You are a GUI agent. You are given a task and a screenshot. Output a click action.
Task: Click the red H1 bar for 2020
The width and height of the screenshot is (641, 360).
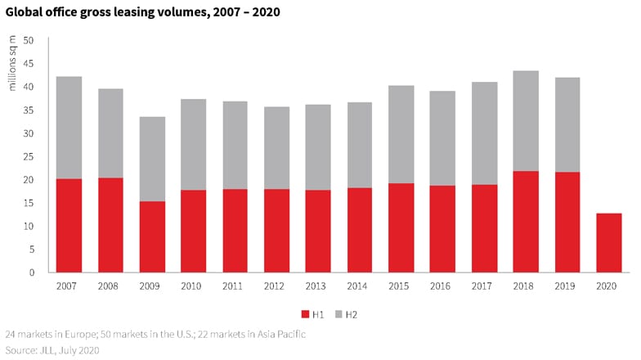tap(609, 242)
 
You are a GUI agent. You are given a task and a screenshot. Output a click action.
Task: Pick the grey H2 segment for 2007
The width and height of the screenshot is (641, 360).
tap(69, 128)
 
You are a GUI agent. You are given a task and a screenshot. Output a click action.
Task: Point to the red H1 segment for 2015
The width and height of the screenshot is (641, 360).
tap(401, 227)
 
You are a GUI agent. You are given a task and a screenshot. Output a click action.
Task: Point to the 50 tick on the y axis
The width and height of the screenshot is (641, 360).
tap(29, 40)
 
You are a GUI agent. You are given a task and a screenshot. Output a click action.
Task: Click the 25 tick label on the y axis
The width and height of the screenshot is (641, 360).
tap(29, 156)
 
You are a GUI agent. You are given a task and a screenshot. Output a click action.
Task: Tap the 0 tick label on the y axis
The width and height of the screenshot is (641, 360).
tap(31, 272)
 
